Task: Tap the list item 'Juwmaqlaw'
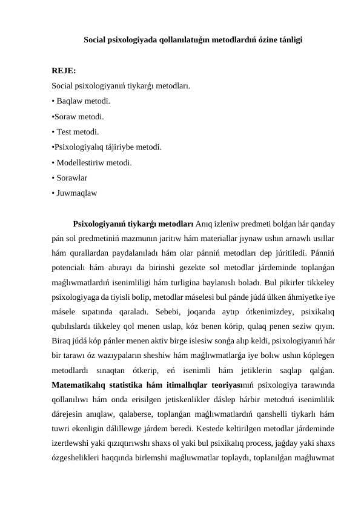point(75,193)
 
